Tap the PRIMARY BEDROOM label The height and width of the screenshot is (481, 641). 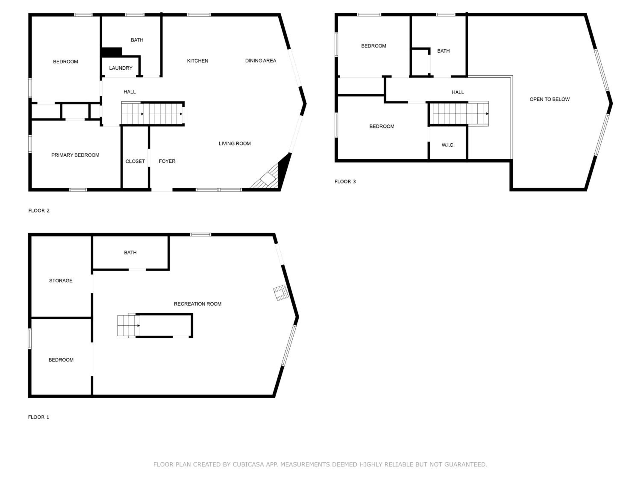pos(75,155)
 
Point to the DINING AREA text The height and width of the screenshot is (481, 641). pos(260,60)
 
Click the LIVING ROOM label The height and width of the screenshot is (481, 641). pos(235,143)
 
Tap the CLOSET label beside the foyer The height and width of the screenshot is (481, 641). pos(135,161)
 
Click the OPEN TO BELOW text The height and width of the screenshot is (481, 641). pos(549,99)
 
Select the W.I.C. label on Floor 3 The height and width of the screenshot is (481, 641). pos(448,145)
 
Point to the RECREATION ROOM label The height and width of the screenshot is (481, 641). pos(197,304)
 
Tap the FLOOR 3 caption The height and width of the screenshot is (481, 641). pos(345,181)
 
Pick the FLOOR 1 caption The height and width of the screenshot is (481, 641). pos(38,417)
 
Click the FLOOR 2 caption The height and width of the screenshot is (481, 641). pos(39,211)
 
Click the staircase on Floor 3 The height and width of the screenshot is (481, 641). pos(459,114)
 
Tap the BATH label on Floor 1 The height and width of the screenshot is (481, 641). pos(130,252)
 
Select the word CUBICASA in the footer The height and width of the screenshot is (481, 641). pos(248,465)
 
